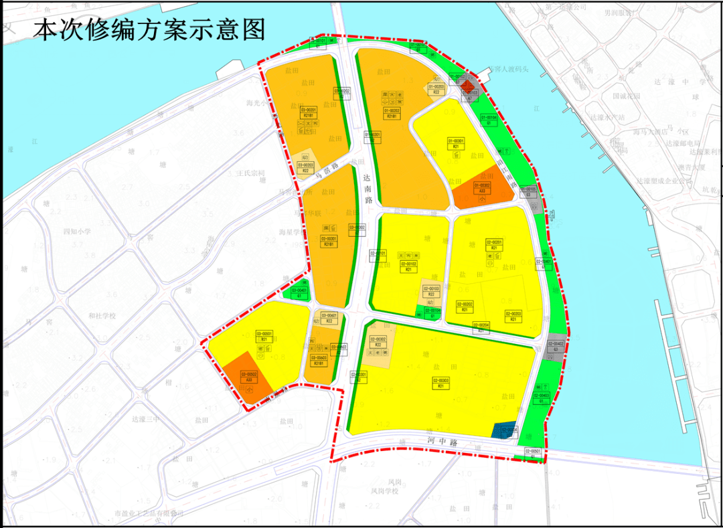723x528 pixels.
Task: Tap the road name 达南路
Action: pos(366,189)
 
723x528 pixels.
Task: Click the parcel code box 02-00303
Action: pos(440,383)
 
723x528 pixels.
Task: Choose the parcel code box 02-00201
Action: pos(493,244)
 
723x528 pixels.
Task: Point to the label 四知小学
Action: pos(76,232)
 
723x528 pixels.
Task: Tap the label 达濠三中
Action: pos(146,419)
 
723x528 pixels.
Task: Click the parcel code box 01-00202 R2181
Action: pos(392,113)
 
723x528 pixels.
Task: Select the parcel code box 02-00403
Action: pos(541,398)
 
